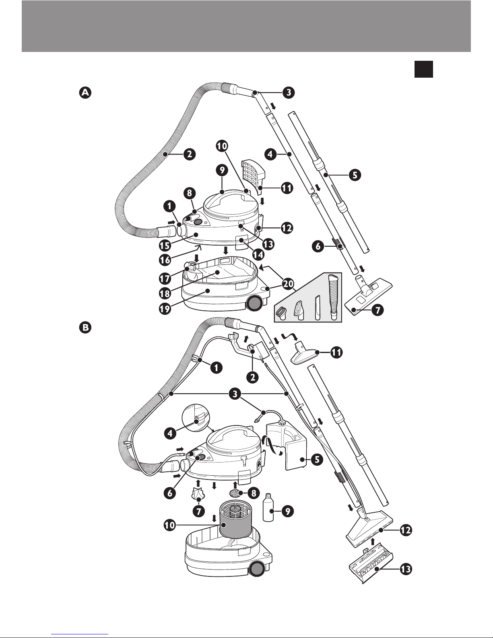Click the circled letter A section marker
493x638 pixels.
pyautogui.click(x=85, y=93)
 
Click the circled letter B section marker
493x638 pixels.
pyautogui.click(x=85, y=328)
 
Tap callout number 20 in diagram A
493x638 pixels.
pyautogui.click(x=288, y=284)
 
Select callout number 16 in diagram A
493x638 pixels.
pyautogui.click(x=165, y=260)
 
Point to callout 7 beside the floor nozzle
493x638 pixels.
pyautogui.click(x=377, y=310)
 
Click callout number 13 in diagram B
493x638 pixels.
pyautogui.click(x=406, y=570)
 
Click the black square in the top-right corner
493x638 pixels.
pyautogui.click(x=423, y=69)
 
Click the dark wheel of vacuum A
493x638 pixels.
pyautogui.click(x=254, y=303)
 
